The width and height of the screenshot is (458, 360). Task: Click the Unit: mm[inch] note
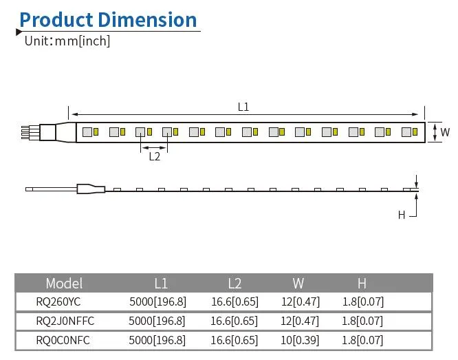67,41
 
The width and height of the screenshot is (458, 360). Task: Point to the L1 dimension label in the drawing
243,107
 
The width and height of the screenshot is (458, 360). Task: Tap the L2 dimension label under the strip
155,156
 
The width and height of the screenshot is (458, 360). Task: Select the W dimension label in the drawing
445,131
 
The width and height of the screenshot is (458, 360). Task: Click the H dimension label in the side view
402,215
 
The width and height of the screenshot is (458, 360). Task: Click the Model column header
64,283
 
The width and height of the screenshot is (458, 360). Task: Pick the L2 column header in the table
234,283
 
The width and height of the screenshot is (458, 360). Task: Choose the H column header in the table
362,283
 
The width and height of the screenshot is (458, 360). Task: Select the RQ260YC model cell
59,301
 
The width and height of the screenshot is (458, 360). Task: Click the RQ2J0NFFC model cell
65,321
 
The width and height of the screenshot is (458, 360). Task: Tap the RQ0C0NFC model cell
63,340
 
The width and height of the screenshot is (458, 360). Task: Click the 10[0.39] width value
298,340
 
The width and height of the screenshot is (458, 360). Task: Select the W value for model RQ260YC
298,301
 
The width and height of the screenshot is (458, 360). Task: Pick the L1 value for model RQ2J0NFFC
157,321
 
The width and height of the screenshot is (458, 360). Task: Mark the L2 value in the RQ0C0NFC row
234,340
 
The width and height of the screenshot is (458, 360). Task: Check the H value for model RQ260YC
362,301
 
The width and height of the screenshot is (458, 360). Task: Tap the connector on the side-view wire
89,189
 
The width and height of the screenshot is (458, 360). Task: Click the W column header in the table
298,283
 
